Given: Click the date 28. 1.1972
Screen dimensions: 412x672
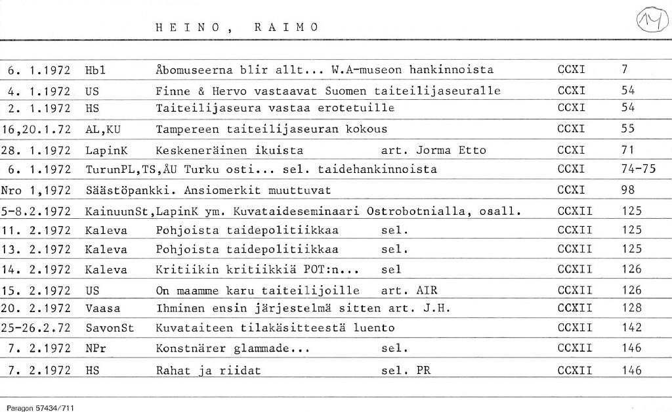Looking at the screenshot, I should (37, 150).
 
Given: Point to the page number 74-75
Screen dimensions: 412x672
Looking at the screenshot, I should (638, 169).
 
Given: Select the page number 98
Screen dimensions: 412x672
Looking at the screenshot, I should (628, 191).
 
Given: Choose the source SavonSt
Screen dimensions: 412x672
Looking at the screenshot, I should (110, 328).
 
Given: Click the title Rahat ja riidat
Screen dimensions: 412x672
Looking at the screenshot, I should (208, 371).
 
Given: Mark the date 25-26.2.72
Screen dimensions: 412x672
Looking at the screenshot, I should (37, 328).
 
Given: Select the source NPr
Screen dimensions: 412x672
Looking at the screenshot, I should (96, 349).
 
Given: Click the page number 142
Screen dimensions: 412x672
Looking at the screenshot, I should (631, 328).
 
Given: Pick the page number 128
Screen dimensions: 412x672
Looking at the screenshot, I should (631, 307).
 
